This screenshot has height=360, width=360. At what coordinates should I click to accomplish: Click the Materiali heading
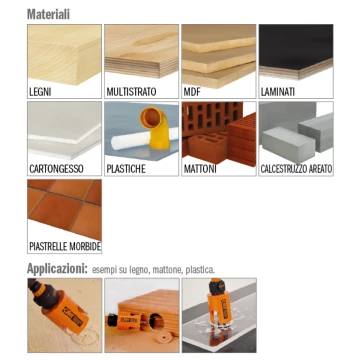coord(48,14)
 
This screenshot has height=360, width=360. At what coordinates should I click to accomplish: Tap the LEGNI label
coord(40,92)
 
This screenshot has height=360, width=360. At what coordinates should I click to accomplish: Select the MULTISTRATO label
coord(131,92)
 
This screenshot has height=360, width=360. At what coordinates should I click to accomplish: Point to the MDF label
coord(192,92)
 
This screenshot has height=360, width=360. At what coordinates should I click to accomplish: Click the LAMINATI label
coord(278,92)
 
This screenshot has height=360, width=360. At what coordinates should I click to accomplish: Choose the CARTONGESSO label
coord(56,169)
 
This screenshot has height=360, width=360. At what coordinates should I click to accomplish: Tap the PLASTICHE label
coord(126,169)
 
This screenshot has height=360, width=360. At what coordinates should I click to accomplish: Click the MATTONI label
coord(200,169)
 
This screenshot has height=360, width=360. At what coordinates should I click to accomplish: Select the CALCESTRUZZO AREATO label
coord(296,169)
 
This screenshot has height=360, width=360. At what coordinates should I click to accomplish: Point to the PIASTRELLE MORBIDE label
coord(65,247)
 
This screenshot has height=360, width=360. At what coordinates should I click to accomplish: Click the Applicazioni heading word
coord(57,269)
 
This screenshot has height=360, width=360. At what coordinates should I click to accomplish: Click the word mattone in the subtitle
coord(167,270)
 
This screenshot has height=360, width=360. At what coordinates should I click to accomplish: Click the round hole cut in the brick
coord(156,321)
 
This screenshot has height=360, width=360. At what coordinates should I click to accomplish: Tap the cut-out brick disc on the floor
coord(163,337)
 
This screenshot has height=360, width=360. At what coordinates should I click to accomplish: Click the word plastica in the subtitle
coord(200,270)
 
